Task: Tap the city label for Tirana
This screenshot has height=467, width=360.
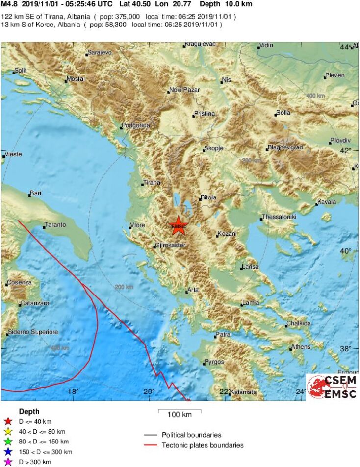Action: click(x=152, y=183)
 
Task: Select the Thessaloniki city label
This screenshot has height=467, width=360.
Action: click(x=279, y=217)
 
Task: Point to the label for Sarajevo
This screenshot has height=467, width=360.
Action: click(x=100, y=52)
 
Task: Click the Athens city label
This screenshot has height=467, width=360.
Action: click(x=301, y=347)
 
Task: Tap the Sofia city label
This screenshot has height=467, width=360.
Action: click(x=283, y=113)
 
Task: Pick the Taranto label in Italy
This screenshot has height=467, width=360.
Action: click(x=55, y=225)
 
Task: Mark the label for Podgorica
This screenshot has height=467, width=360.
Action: click(x=135, y=125)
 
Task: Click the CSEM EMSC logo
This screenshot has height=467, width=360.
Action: click(x=332, y=387)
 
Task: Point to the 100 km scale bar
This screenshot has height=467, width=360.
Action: click(x=180, y=411)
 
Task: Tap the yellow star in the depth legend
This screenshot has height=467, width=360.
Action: click(x=7, y=432)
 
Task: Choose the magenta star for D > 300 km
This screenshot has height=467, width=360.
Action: click(x=7, y=462)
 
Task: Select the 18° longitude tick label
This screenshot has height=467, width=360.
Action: click(x=73, y=392)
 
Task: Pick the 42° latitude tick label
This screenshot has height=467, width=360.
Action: click(x=346, y=150)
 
